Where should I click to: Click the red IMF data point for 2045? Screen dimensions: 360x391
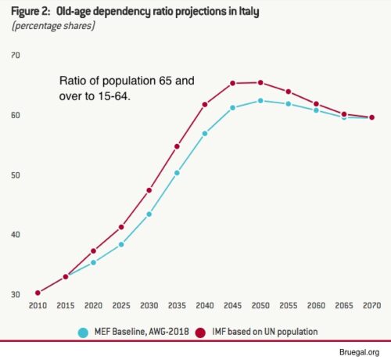pyautogui.click(x=233, y=83)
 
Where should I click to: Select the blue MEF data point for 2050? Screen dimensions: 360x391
pyautogui.click(x=260, y=100)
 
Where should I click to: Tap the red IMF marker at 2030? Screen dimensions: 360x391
pyautogui.click(x=149, y=190)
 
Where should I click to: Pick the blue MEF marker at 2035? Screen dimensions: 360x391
pyautogui.click(x=177, y=172)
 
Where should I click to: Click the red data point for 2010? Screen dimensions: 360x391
pyautogui.click(x=38, y=293)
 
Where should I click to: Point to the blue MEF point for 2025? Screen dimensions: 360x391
pyautogui.click(x=121, y=244)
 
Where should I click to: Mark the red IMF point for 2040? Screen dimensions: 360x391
pyautogui.click(x=205, y=104)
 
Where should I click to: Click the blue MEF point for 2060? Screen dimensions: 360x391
pyautogui.click(x=316, y=110)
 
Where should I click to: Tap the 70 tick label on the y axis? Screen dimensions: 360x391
pyautogui.click(x=16, y=56)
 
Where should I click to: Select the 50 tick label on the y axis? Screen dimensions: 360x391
pyautogui.click(x=16, y=175)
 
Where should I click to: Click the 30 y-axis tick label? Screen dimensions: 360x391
pyautogui.click(x=16, y=295)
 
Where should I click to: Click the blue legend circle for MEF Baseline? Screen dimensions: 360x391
pyautogui.click(x=83, y=331)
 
